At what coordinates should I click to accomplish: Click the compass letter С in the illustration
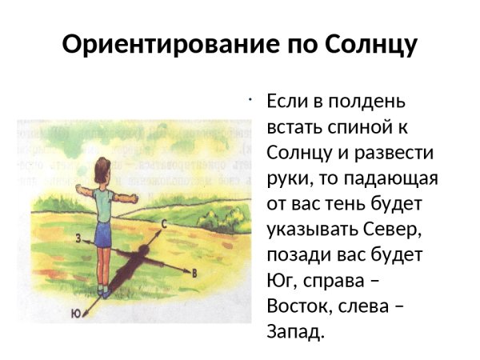[x=164, y=225]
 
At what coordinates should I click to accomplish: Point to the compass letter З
[x=78, y=238]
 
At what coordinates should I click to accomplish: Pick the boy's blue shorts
[x=102, y=235]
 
